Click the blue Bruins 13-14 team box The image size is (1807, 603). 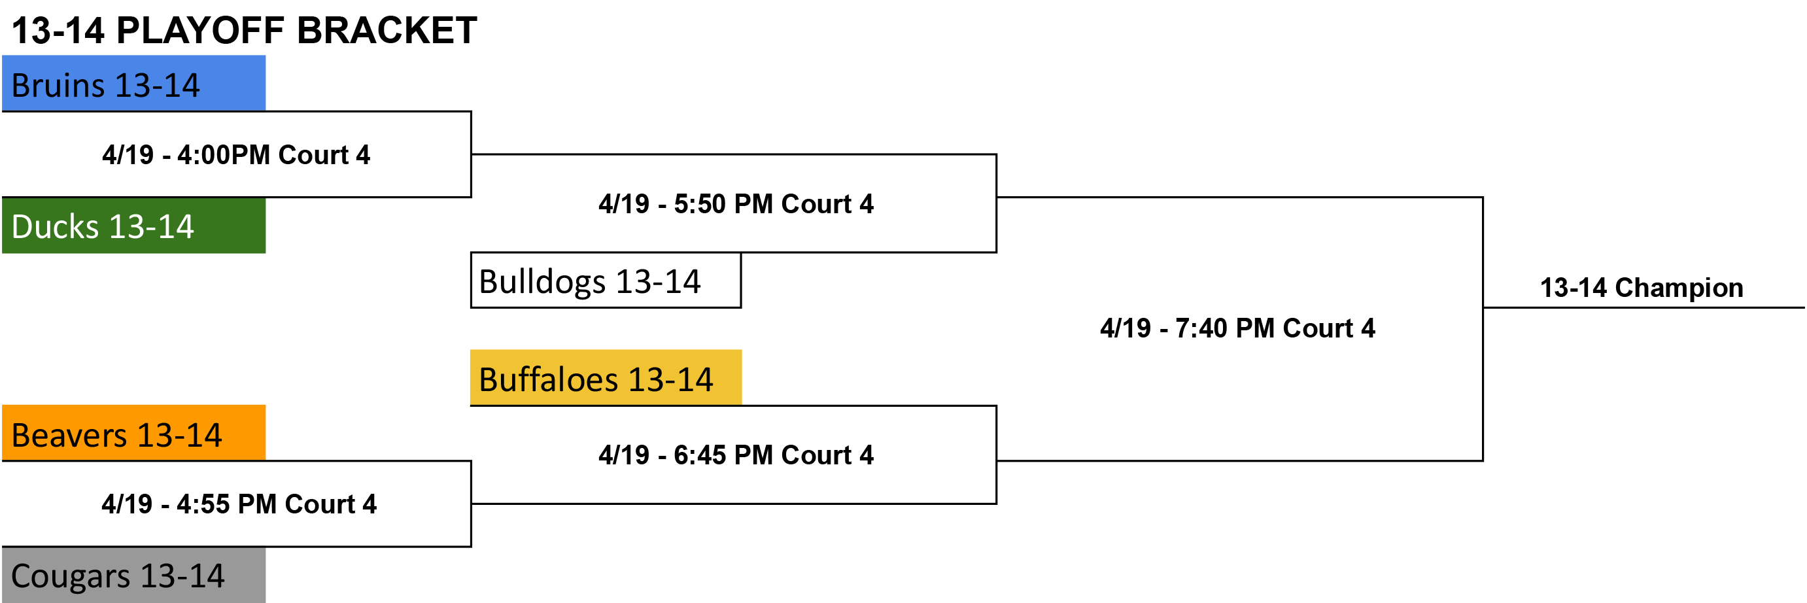click(133, 84)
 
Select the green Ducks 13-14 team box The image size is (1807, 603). click(133, 225)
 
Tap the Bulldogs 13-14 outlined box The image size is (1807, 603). click(606, 281)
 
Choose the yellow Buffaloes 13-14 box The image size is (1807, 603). click(606, 377)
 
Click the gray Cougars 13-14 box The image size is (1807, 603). click(133, 575)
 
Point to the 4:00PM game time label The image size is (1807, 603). click(235, 155)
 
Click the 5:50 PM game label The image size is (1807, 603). click(736, 204)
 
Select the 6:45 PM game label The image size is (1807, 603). click(736, 455)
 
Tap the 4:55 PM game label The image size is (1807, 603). click(239, 504)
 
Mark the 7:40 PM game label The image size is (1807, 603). click(1237, 328)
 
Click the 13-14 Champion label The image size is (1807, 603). click(1642, 288)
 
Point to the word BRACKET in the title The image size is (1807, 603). click(387, 31)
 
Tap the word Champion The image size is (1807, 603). click(1679, 288)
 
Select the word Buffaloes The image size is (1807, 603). click(549, 379)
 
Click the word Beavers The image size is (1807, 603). click(69, 436)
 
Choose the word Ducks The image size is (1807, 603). click(56, 226)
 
